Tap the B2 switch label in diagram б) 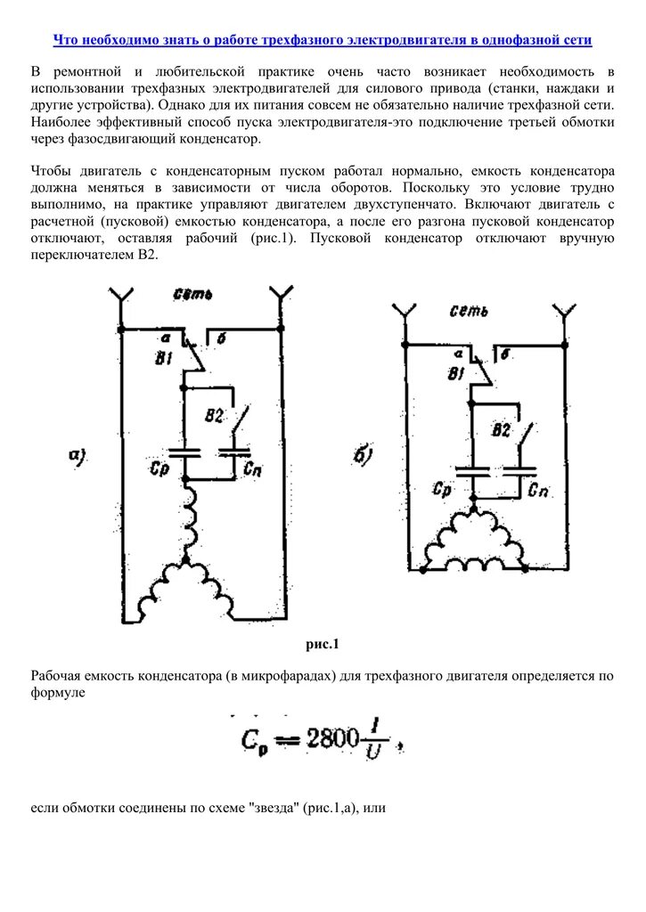501,430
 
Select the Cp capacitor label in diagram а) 160,468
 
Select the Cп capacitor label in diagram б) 537,491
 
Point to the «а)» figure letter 78,457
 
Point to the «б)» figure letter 364,459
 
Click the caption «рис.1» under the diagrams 323,644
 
